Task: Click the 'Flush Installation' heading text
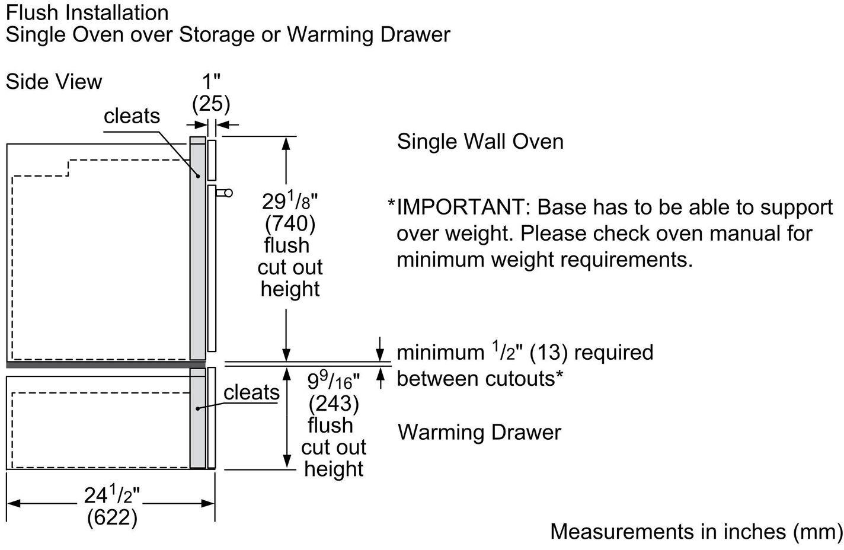click(87, 12)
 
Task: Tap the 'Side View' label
click(54, 82)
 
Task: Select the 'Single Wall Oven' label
click(480, 142)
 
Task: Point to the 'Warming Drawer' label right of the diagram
click(479, 432)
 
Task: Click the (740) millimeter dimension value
click(290, 224)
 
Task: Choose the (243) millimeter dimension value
click(334, 404)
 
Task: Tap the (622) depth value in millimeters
click(112, 517)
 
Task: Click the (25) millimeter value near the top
click(211, 104)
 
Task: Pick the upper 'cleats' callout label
click(132, 116)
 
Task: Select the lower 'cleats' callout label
click(251, 392)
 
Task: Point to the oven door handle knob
click(228, 193)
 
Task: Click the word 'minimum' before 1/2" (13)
click(440, 353)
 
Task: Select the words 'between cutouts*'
click(479, 378)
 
